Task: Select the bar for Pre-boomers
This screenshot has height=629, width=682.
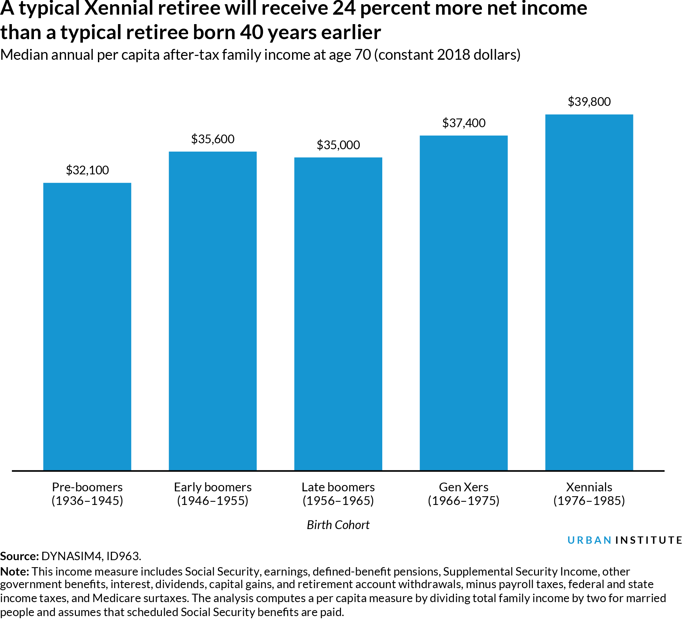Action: point(87,327)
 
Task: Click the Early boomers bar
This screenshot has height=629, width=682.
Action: point(213,311)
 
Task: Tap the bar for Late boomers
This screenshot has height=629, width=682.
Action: point(338,314)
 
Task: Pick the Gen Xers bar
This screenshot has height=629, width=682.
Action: point(463,303)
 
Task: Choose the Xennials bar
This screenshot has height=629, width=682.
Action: point(589,292)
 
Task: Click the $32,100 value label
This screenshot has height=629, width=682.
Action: point(87,170)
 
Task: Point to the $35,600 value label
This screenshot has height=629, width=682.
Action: point(213,139)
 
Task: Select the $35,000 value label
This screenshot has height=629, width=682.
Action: point(338,145)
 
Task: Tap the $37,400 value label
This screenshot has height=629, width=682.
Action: point(463,123)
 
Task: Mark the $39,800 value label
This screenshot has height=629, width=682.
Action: point(589,102)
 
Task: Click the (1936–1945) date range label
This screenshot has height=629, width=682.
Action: point(87,501)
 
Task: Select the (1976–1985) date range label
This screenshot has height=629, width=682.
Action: point(589,501)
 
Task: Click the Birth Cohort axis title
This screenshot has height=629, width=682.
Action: point(338,525)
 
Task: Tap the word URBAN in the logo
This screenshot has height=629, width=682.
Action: point(589,540)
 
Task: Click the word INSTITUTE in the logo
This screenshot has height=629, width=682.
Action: point(648,540)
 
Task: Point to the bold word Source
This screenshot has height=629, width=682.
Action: point(19,556)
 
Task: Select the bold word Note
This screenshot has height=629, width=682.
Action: point(15,572)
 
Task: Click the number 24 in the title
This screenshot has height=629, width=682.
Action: point(344,8)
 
